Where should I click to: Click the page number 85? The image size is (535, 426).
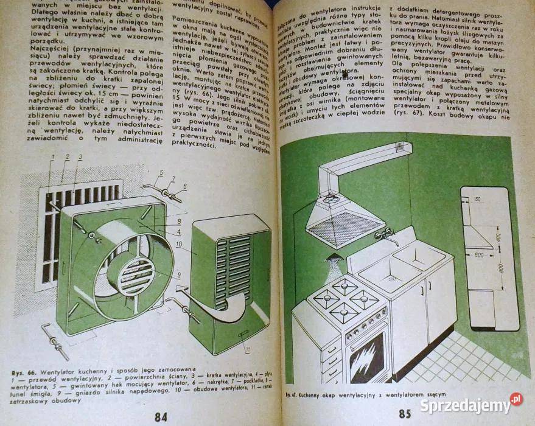pos(405,414)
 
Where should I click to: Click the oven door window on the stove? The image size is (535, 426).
pos(367,358)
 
